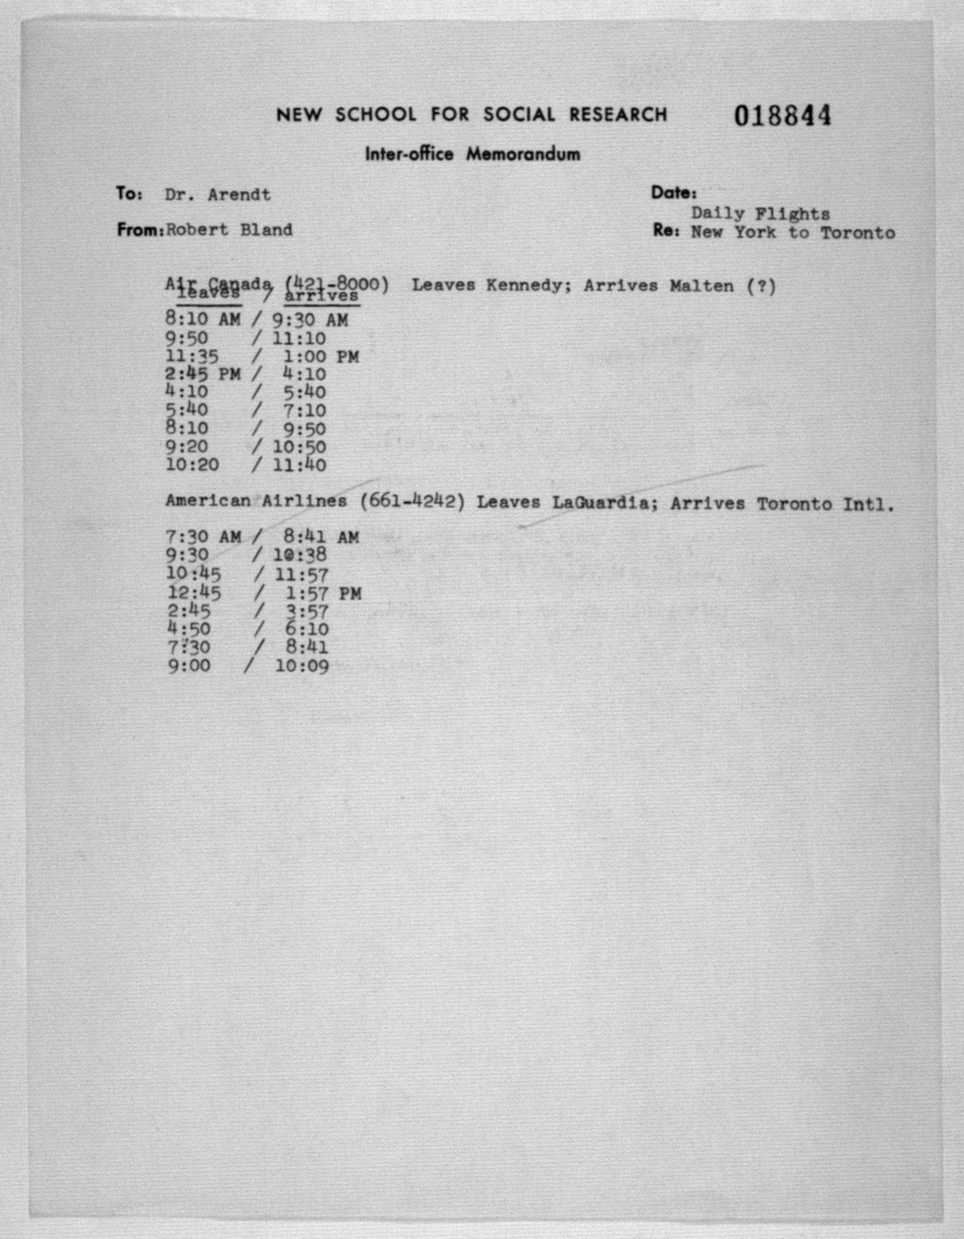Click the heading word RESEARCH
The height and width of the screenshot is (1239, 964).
click(618, 115)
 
